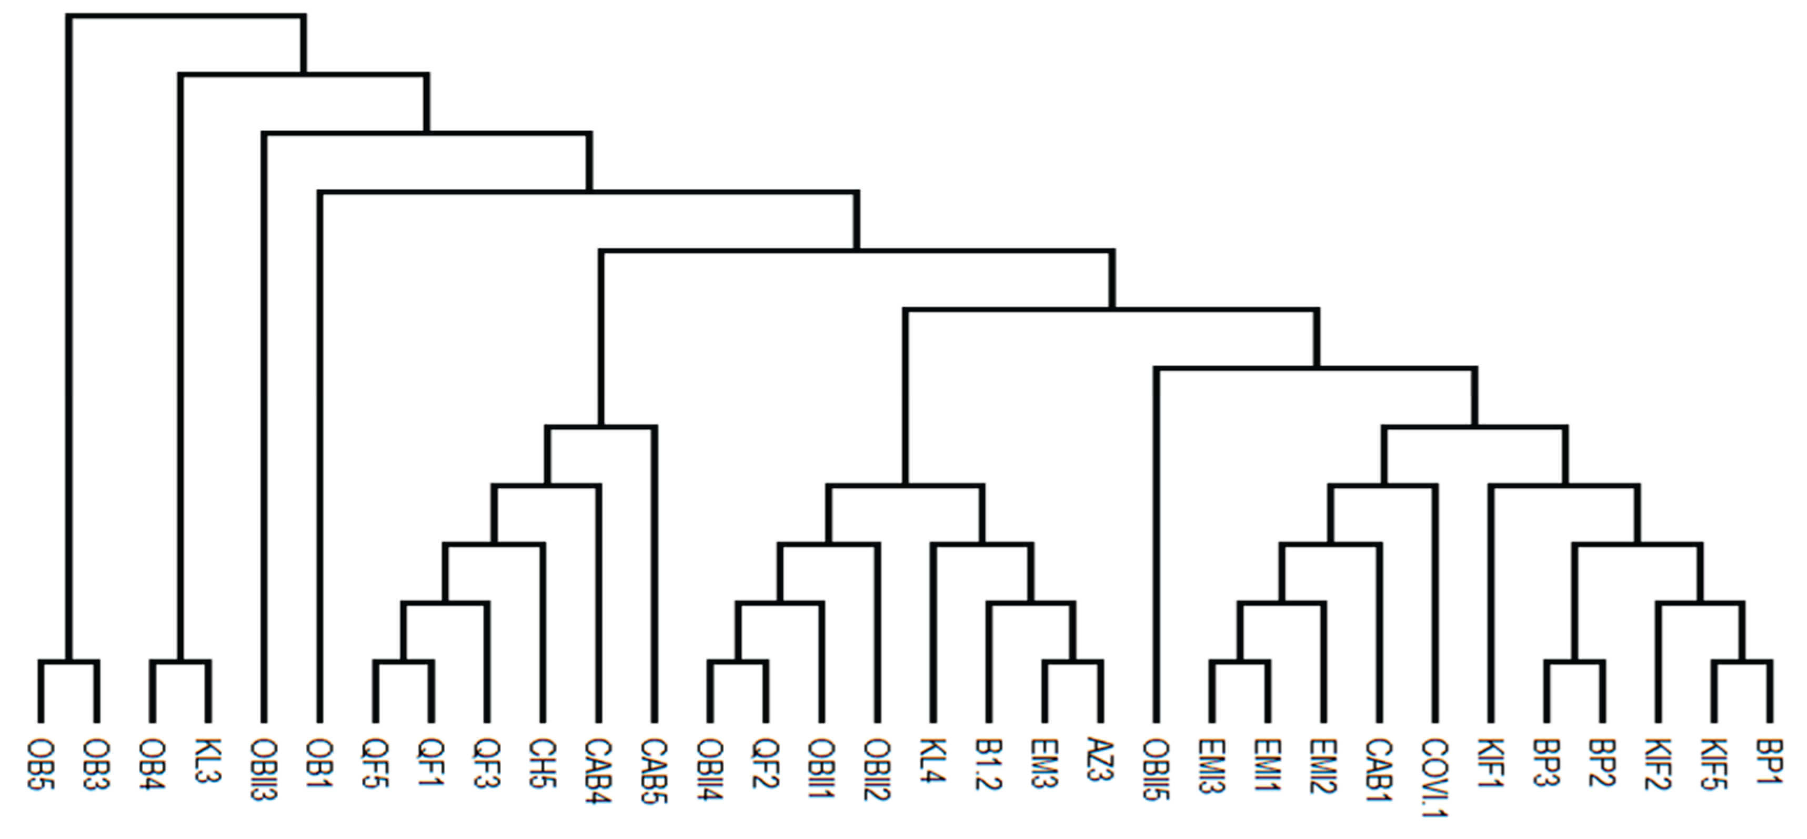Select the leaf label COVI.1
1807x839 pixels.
1435,777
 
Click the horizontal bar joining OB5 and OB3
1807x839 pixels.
69,662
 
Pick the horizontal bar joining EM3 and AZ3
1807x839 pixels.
1072,662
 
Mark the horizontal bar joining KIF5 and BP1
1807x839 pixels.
1742,662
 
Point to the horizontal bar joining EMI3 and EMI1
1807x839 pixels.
1240,662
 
